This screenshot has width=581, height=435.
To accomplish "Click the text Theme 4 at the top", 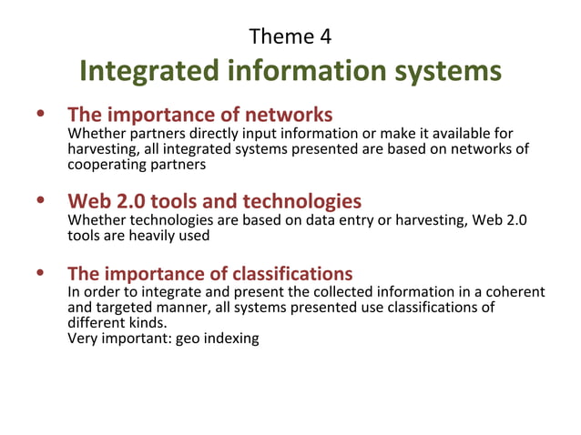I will coord(290,36).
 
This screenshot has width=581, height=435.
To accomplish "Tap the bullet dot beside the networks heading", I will coord(39,116).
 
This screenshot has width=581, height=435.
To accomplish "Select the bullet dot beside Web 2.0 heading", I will coord(39,199).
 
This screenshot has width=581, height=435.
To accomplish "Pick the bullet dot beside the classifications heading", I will coord(39,272).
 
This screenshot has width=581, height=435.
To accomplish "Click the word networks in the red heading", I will coord(288,116).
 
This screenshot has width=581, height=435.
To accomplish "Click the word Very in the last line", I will coord(84,339).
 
